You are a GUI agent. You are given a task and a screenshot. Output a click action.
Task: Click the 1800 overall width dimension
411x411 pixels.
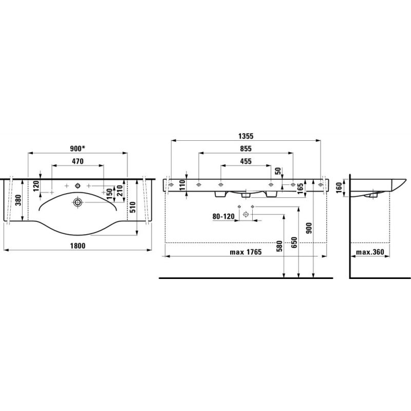coord(78,246)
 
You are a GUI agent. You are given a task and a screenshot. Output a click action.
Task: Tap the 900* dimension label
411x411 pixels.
coord(78,148)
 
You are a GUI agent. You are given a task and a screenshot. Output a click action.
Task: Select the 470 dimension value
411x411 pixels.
coord(78,161)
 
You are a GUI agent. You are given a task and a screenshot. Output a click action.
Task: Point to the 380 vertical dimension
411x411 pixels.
coord(18,200)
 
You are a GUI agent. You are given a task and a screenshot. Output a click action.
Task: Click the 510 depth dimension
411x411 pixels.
coord(133,207)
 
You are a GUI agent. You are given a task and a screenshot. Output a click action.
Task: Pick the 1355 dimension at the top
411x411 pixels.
coord(246,136)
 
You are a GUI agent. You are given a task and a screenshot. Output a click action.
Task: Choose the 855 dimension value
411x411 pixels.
coord(246,148)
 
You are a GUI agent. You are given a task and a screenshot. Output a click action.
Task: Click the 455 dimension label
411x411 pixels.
coord(246,161)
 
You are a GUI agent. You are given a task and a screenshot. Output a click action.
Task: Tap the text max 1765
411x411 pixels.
coord(246,252)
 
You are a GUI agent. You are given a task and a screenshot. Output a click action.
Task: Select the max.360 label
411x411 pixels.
coord(370,252)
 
